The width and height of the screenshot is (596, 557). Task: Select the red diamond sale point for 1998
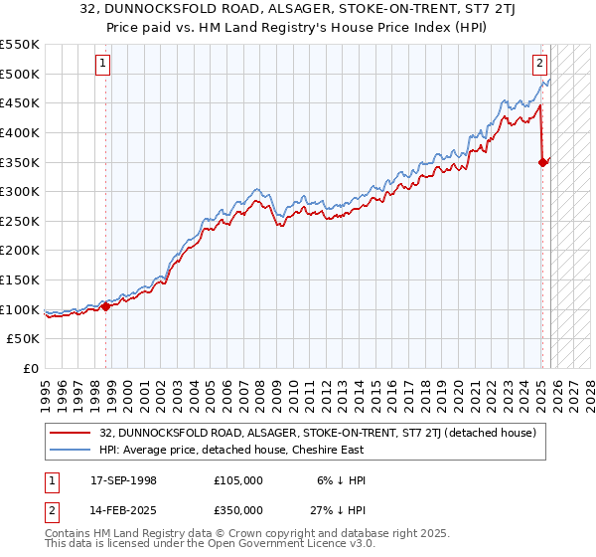(x=105, y=306)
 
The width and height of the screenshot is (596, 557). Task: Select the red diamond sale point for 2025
(x=543, y=162)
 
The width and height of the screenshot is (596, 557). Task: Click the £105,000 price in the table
(x=237, y=480)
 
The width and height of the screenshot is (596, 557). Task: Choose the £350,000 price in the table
(x=237, y=509)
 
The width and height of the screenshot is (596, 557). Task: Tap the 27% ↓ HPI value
(x=337, y=509)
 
